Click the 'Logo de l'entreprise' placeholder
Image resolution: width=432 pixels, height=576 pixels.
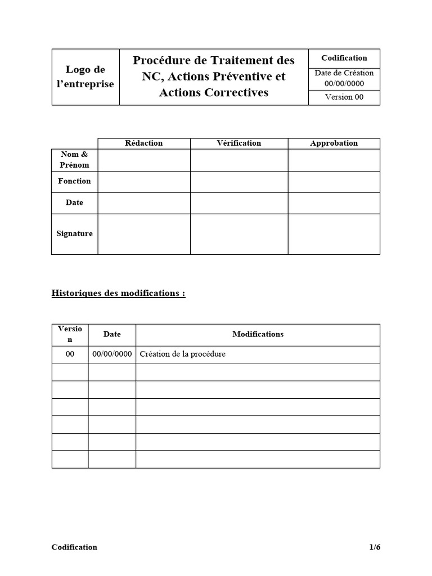tap(85, 77)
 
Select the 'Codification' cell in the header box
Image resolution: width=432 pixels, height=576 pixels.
tap(344, 58)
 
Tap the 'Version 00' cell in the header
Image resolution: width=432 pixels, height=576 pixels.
tap(344, 97)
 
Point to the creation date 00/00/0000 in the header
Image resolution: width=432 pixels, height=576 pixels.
tap(344, 83)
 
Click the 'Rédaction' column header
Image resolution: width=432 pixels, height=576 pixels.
tap(144, 143)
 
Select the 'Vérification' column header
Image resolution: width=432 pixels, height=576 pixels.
tap(239, 143)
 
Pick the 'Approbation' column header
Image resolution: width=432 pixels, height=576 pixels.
tap(334, 143)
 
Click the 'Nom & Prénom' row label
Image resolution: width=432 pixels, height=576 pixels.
tap(74, 160)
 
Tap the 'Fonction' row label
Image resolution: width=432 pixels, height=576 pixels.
tap(74, 181)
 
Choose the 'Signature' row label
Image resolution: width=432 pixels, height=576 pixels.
tap(74, 233)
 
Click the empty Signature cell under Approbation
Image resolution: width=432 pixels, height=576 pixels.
tap(334, 233)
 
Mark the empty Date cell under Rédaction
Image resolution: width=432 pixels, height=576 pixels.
tap(144, 202)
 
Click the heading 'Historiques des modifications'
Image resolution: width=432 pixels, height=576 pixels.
tap(118, 293)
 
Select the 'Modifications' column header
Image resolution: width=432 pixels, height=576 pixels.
tap(258, 334)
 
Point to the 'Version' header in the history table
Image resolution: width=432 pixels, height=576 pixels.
tap(70, 334)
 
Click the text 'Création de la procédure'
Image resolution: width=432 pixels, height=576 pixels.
tap(182, 354)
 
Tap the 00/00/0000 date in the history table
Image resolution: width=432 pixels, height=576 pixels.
tap(111, 354)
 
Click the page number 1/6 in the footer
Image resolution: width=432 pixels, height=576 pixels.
tap(375, 547)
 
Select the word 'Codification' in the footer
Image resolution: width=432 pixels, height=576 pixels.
tap(74, 547)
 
